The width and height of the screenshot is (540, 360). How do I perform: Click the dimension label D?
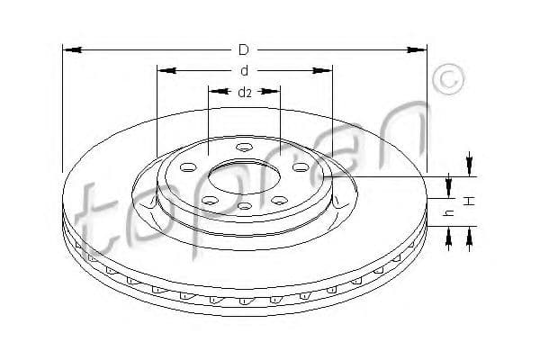point(244,50)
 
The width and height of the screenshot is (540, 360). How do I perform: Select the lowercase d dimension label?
point(244,70)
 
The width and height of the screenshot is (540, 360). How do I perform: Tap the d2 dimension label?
point(245,93)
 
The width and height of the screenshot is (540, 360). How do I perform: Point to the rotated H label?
point(469,201)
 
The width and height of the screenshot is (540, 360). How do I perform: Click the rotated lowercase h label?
point(449,213)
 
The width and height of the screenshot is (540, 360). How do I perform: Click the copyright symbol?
point(448,79)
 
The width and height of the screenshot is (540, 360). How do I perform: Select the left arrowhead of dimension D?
point(73,50)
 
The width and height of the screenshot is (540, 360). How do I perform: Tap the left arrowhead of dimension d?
point(167,70)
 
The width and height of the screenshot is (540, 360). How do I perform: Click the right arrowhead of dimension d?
point(322,70)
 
